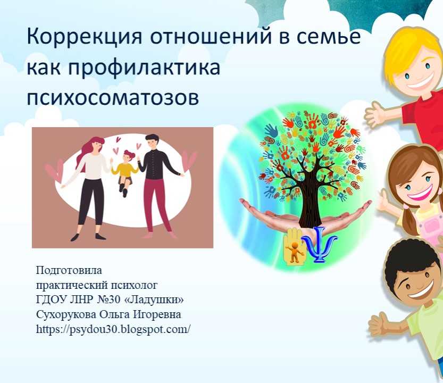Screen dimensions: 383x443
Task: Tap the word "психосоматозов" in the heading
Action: pos(113,97)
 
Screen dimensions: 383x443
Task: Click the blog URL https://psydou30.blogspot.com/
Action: pos(113,329)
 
